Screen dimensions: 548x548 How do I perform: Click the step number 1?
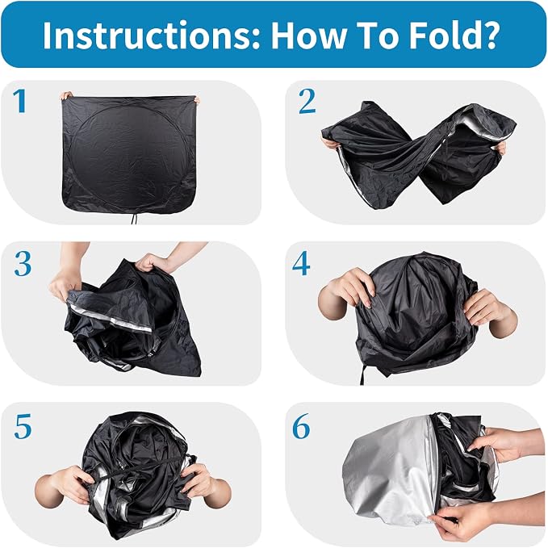point(20,101)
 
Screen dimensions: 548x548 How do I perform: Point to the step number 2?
point(307,102)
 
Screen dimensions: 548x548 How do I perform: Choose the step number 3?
point(23,264)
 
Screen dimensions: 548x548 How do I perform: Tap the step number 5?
point(23,426)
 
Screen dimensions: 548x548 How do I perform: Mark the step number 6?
point(301,425)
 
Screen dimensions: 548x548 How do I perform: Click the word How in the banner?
point(307,35)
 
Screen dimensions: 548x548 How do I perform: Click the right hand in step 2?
point(501,149)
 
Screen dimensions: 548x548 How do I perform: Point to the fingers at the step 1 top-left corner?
point(66,95)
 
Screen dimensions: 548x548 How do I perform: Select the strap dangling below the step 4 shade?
point(362,373)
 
